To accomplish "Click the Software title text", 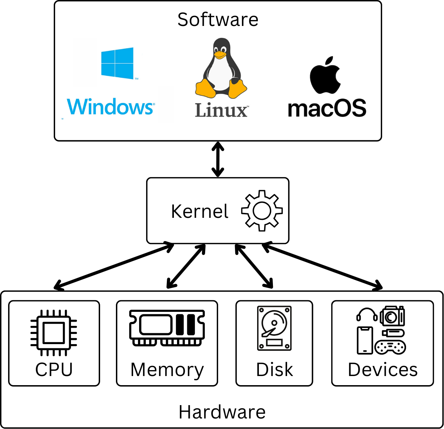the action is (218, 20).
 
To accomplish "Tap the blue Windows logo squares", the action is (117, 63).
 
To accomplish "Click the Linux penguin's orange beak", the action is (220, 55).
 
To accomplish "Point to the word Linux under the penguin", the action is (221, 110).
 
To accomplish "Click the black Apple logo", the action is (325, 75).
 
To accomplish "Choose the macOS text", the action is (327, 108).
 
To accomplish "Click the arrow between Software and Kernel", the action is (218, 159).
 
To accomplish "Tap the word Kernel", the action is (200, 212).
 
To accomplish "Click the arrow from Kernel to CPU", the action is (113, 266).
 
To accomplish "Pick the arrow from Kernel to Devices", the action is (322, 266).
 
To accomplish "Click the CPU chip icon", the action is (54, 333).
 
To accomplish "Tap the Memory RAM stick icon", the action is (167, 328).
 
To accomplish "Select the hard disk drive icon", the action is (274, 328).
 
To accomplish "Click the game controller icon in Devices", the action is (390, 347).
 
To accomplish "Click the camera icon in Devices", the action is (392, 316).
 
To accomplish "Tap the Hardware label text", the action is (222, 412).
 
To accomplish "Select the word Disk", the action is (274, 369).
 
